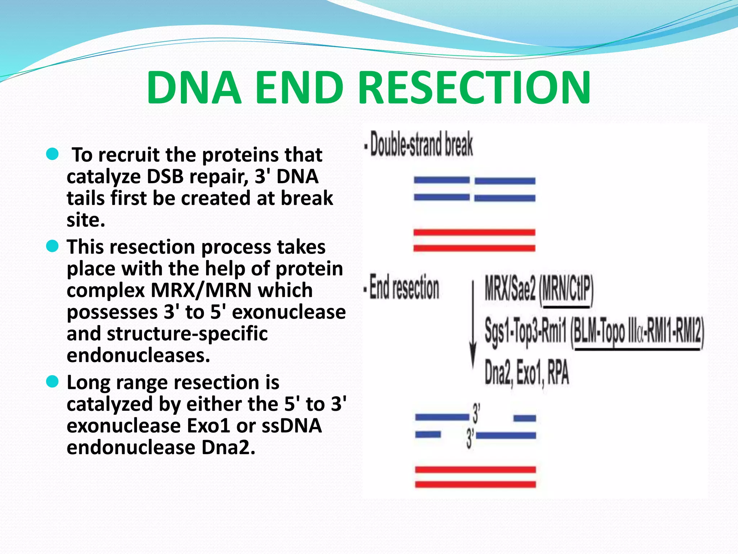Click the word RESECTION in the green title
[475, 88]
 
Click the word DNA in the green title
[194, 88]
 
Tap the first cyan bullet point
[53, 154]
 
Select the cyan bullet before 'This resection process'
[53, 247]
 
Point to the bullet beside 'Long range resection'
[53, 382]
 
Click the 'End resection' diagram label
[402, 288]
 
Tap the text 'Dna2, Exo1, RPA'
[526, 372]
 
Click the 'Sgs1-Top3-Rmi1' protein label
[526, 331]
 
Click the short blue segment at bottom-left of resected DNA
[428, 435]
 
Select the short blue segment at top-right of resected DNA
[525, 418]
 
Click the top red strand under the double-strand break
[474, 232]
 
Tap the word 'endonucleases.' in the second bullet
[138, 356]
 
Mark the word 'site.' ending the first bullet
[86, 220]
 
